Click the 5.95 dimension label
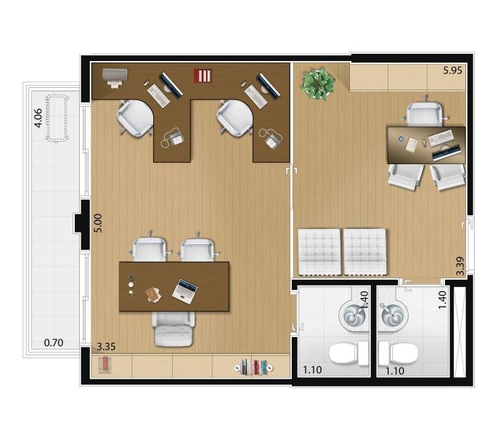pos(452,70)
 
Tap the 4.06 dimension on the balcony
pos(38,118)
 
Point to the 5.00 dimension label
pos(99,223)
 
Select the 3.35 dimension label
pos(106,347)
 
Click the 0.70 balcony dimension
pos(54,343)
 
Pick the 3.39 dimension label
pos(460,266)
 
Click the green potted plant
pos(318,84)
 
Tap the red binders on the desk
pos(203,76)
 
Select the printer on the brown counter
pos(115,78)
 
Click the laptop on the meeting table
pos(185,291)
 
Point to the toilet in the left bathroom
pos(348,353)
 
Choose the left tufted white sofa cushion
pos(319,251)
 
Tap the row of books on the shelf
pos(254,367)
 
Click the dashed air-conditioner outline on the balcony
pos(57,118)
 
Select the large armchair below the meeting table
pos(174,329)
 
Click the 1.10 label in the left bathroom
pos(312,370)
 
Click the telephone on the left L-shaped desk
pos(174,137)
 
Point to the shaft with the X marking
pos(460,332)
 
